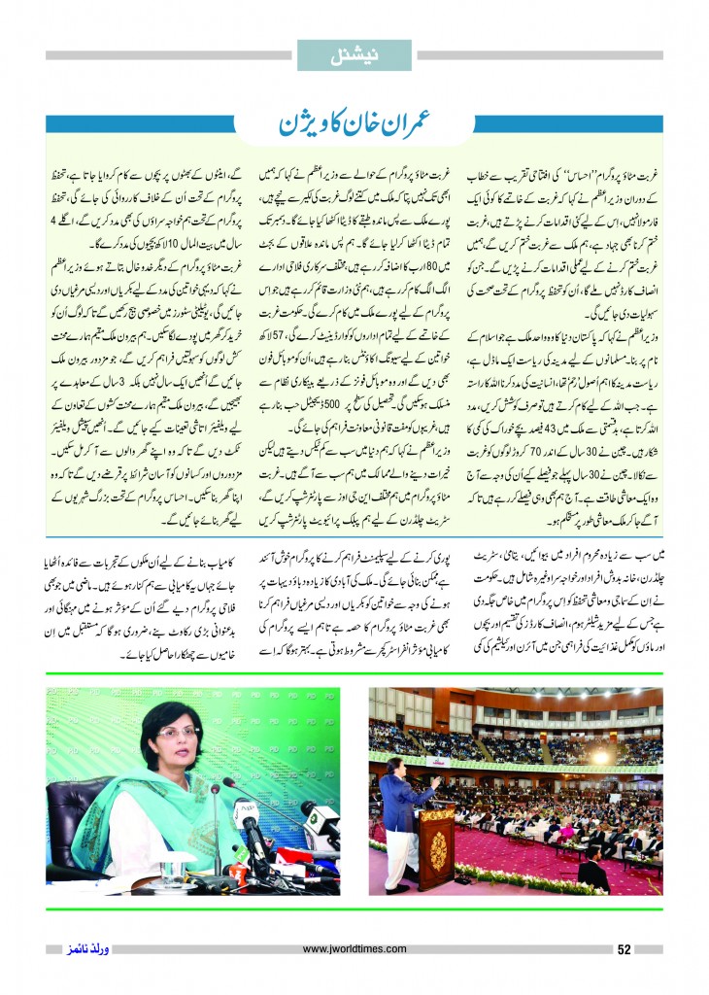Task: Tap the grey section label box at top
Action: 354,54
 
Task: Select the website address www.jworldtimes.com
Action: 354,949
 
